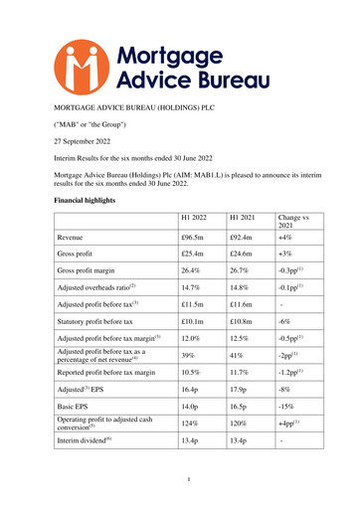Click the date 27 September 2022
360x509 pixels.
(x=83, y=140)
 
